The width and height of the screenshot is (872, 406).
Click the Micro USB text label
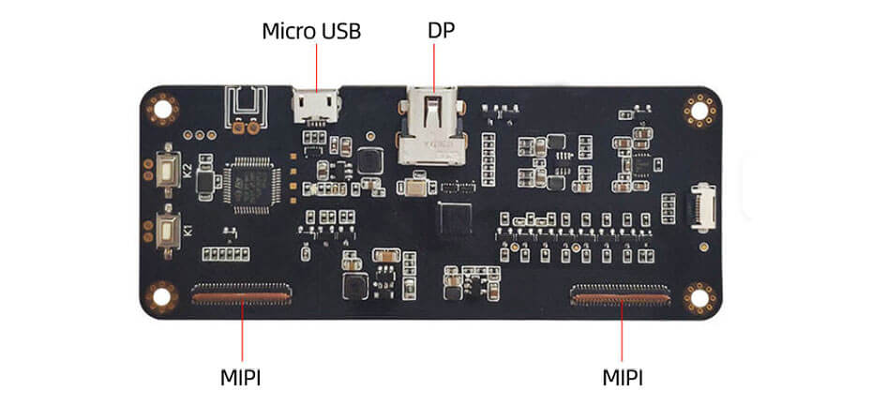tap(310, 31)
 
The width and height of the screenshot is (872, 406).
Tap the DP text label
tap(441, 30)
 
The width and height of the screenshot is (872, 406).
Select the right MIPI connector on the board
tap(622, 298)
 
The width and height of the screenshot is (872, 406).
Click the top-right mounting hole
tap(699, 111)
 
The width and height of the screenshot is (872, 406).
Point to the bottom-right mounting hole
tap(699, 297)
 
